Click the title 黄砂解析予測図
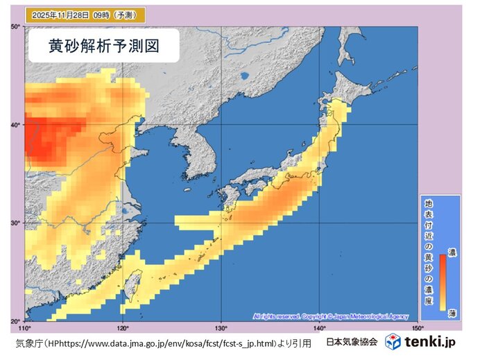(x=105, y=46)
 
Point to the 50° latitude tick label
(x=15, y=26)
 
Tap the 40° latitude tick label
(x=15, y=125)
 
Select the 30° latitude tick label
(x=15, y=223)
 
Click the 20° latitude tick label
(x=15, y=320)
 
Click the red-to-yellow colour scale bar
(x=443, y=281)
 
